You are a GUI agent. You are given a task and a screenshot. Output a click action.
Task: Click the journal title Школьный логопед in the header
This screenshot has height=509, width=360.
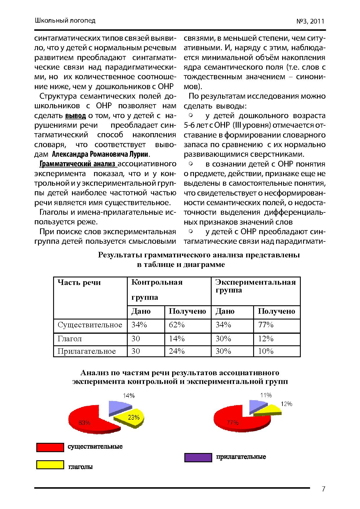tap(65, 20)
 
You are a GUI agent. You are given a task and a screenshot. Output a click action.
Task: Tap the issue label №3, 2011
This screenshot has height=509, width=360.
tap(310, 21)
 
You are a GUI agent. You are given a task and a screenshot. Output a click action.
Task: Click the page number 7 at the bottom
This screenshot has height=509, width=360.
tap(323, 489)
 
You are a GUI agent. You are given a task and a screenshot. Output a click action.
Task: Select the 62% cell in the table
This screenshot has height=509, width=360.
tap(177, 325)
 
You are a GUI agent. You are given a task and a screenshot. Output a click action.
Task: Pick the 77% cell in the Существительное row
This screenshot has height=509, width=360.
tap(266, 325)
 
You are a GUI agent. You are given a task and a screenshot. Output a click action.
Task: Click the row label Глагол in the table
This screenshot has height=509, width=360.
tap(70, 339)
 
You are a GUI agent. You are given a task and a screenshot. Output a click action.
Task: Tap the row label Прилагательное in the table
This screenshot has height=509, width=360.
tap(87, 351)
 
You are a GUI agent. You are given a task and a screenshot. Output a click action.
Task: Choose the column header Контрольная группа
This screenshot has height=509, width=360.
tap(157, 290)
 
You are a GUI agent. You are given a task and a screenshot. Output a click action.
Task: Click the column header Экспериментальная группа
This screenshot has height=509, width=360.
tap(255, 286)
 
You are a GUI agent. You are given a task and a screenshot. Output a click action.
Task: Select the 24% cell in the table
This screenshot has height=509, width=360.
tap(177, 351)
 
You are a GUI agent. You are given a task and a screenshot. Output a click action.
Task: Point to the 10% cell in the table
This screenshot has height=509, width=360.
tap(266, 351)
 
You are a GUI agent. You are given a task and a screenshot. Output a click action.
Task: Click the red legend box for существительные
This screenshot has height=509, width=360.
tap(50, 447)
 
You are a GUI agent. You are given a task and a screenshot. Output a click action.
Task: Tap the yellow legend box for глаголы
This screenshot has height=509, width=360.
tap(50, 465)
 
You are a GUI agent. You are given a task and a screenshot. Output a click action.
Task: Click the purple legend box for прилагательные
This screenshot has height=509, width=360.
tap(198, 458)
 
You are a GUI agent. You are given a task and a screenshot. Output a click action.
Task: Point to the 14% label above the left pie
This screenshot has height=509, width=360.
tap(129, 396)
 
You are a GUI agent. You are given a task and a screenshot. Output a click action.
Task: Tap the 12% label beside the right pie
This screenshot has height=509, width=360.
tap(286, 404)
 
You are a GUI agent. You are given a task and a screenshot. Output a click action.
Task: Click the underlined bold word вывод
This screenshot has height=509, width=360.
tap(75, 116)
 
